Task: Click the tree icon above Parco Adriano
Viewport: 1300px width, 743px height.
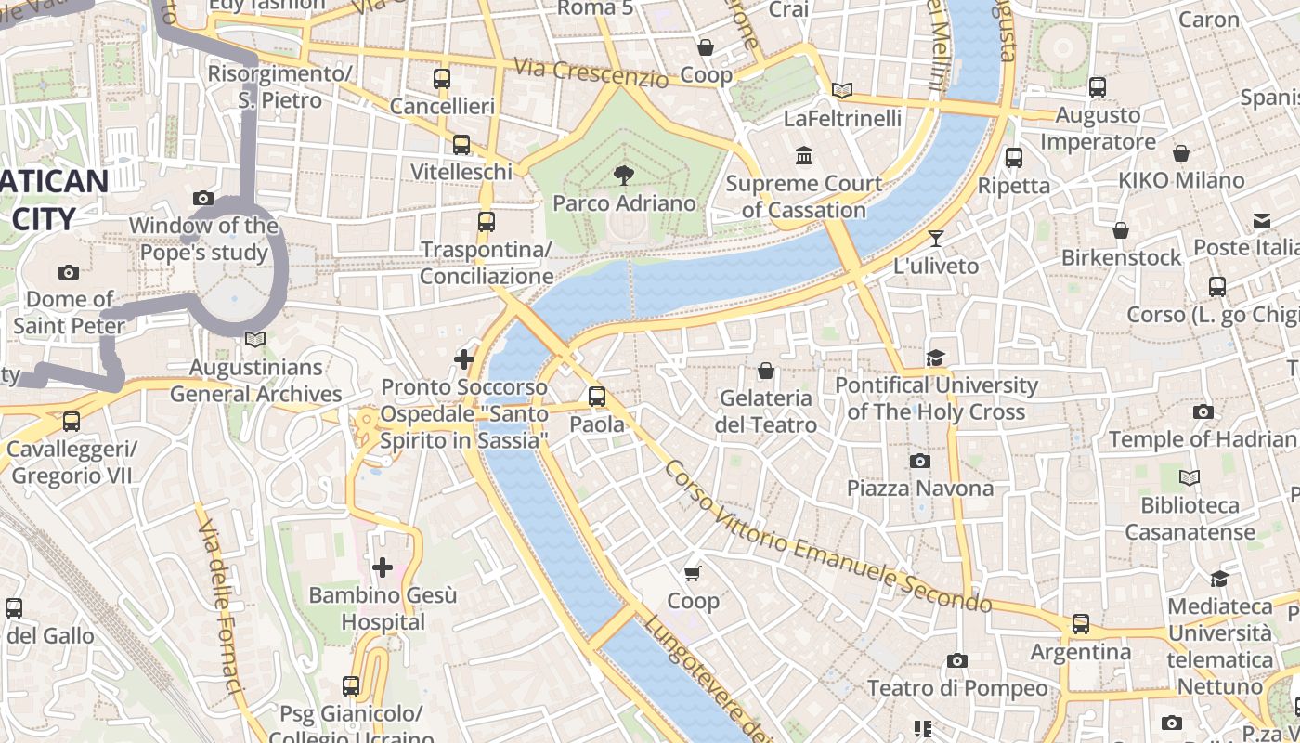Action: (624, 174)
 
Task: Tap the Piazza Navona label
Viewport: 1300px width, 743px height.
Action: (919, 488)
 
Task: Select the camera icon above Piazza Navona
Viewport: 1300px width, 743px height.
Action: (919, 461)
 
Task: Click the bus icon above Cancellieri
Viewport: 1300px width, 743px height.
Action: (442, 79)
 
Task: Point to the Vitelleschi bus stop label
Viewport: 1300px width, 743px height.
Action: (461, 172)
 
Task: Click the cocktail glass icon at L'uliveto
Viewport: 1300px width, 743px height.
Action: (936, 239)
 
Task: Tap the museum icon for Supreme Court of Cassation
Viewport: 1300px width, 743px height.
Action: (804, 155)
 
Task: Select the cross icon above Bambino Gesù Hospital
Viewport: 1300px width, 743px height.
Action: (383, 567)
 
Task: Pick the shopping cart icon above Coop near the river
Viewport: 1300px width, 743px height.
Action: (693, 573)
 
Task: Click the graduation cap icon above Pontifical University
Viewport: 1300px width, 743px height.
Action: (935, 358)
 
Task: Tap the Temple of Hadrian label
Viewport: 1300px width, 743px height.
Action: (1202, 439)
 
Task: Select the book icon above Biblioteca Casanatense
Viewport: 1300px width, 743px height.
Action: (1189, 477)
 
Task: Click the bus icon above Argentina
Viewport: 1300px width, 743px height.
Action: (1081, 624)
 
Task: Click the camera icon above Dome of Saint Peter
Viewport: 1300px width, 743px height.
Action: (68, 272)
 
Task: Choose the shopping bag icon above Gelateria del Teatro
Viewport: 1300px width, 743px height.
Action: (766, 371)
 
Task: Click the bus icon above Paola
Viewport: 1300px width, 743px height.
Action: (597, 397)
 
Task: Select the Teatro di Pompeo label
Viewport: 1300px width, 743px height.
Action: (956, 688)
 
